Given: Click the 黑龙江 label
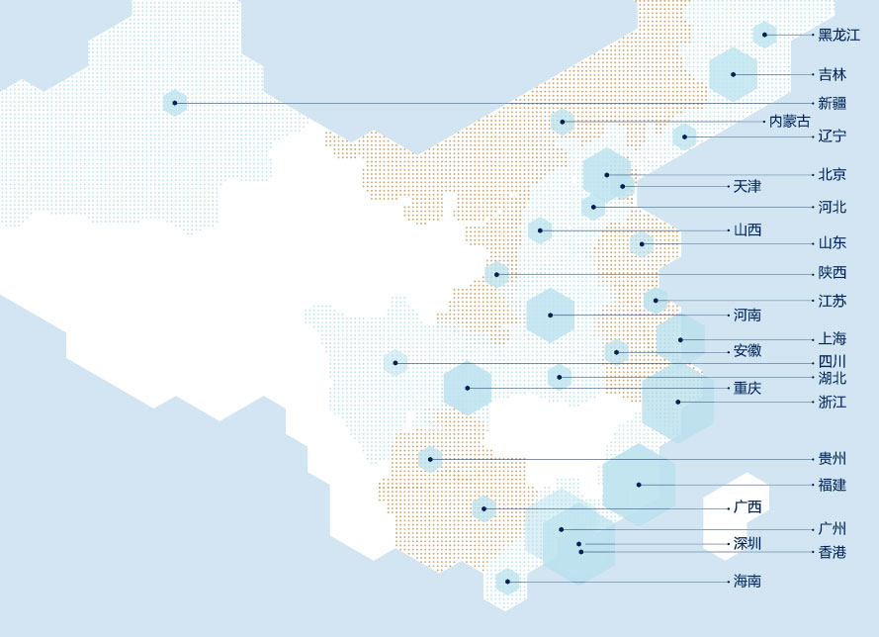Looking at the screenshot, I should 838,36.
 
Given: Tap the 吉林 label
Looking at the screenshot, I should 833,74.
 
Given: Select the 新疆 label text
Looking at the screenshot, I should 833,103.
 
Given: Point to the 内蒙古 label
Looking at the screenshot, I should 789,122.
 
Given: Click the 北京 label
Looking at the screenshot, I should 833,175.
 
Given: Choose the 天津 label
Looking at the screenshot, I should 747,186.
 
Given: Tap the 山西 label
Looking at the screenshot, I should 747,230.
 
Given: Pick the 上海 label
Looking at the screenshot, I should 833,339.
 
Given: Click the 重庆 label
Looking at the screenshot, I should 747,389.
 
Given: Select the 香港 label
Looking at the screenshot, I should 833,552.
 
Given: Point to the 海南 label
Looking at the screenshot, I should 747,582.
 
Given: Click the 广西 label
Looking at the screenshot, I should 747,507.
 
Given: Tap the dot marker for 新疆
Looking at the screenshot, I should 175,103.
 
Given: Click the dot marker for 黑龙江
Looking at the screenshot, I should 764,36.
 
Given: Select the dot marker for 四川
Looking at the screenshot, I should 395,363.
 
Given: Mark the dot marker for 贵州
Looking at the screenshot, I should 430,459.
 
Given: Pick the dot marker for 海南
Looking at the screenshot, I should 508,582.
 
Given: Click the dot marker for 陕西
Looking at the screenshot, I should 497,273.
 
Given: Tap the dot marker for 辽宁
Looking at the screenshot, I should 684,136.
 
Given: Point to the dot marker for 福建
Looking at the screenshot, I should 639,485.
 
